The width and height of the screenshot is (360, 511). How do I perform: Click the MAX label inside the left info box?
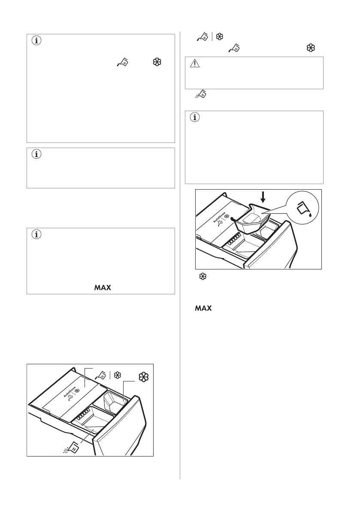coord(102,287)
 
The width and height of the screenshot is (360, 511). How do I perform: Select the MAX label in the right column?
coord(203,308)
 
